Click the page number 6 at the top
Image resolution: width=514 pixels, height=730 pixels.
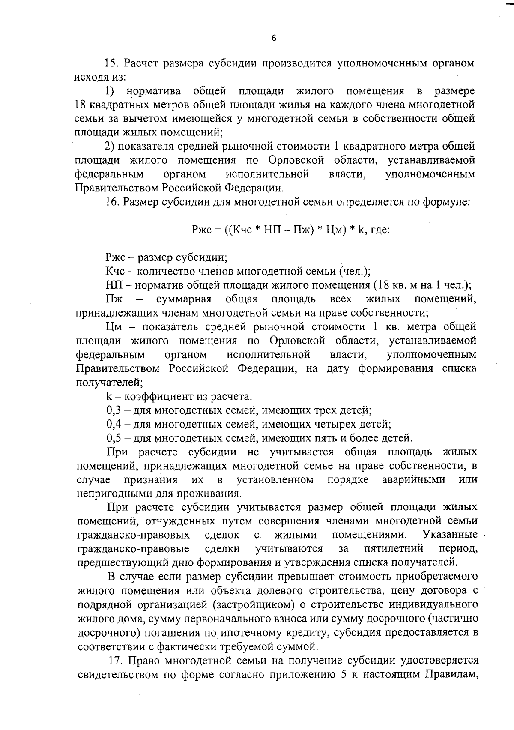pyautogui.click(x=274, y=38)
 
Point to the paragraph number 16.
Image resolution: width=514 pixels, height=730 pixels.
pyautogui.click(x=112, y=202)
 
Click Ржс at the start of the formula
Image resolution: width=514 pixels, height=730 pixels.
pyautogui.click(x=200, y=230)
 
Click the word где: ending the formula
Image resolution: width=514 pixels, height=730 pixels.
pyautogui.click(x=379, y=230)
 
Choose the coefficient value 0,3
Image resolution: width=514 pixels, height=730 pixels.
pyautogui.click(x=114, y=410)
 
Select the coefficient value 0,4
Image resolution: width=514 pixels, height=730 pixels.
pyautogui.click(x=114, y=424)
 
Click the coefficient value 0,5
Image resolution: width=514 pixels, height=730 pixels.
pyautogui.click(x=114, y=438)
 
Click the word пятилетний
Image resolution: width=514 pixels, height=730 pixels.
pyautogui.click(x=394, y=549)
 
